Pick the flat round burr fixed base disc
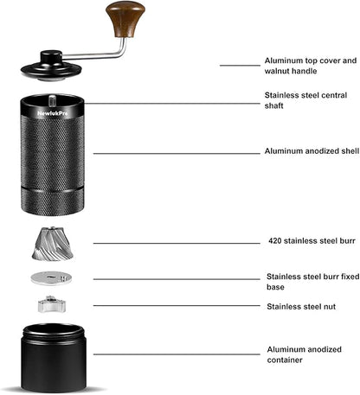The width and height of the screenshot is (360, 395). pyautogui.click(x=52, y=277)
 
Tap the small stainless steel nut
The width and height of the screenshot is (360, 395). pyautogui.click(x=51, y=303)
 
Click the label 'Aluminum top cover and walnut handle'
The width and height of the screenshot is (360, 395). pyautogui.click(x=309, y=67)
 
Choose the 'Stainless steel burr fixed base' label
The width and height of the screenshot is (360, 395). pyautogui.click(x=312, y=282)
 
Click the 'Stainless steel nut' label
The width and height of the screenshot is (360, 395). pyautogui.click(x=300, y=306)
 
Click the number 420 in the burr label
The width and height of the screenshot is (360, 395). pyautogui.click(x=278, y=243)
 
